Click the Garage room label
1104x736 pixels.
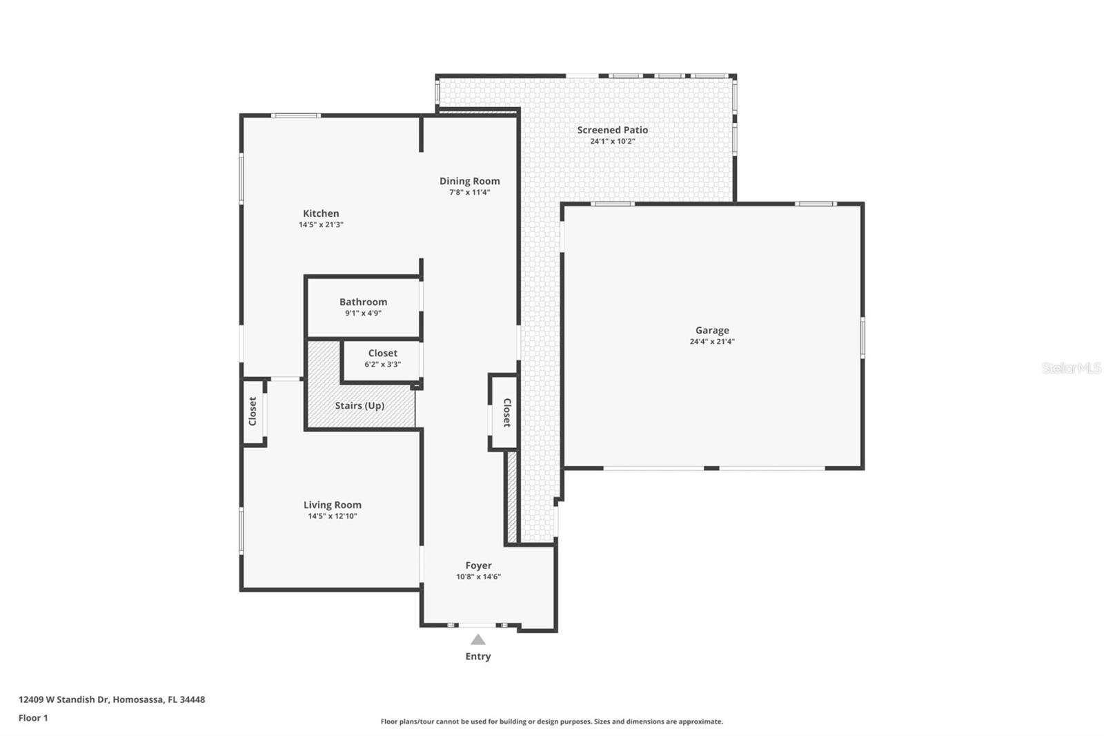[x=711, y=330]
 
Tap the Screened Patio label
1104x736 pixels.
[x=612, y=130]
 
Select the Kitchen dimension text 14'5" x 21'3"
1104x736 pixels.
[x=321, y=224]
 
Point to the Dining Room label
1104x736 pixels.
[x=469, y=181]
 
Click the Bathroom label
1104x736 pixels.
[x=363, y=302]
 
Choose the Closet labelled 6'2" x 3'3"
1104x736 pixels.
[x=382, y=354]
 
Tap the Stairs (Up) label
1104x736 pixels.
[x=359, y=405]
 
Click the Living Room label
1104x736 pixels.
[x=332, y=505]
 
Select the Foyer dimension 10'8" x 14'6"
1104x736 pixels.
[x=478, y=577]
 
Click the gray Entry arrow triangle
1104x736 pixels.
[x=477, y=640]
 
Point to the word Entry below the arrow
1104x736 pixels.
[x=477, y=656]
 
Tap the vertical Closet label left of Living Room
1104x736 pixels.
[x=253, y=411]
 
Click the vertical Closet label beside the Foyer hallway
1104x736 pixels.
[x=506, y=412]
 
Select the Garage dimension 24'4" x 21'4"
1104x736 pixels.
[x=711, y=341]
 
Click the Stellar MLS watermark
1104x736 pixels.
[x=1071, y=368]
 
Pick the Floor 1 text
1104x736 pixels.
[x=33, y=717]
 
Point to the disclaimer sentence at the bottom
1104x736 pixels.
[x=551, y=722]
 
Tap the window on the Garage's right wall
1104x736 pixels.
[x=862, y=337]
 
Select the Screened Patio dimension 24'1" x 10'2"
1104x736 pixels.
[x=612, y=141]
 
